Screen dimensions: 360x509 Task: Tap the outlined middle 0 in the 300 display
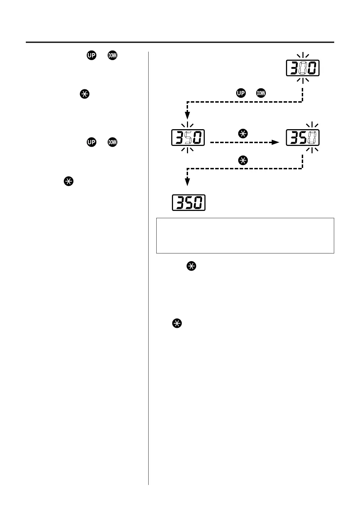click(x=303, y=68)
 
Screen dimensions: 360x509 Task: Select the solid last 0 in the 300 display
click(x=312, y=68)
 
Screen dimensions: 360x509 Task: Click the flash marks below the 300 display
click(x=303, y=80)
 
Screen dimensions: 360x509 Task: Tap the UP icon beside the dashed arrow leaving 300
click(x=241, y=93)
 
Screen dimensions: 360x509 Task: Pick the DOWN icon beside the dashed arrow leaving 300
click(x=261, y=93)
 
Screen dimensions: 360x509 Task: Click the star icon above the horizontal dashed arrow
click(x=243, y=133)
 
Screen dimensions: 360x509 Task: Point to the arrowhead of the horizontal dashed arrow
click(x=276, y=142)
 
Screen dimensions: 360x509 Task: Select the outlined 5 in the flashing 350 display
click(x=188, y=138)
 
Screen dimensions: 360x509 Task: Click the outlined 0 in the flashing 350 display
click(x=312, y=138)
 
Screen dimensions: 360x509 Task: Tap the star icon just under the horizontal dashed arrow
click(x=243, y=161)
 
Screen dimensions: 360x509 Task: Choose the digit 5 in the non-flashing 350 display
click(x=189, y=203)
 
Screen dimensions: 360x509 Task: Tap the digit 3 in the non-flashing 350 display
click(x=179, y=203)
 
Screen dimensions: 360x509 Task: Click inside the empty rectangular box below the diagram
click(x=245, y=235)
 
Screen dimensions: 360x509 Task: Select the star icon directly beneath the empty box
click(x=192, y=266)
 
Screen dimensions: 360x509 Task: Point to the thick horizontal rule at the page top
click(x=180, y=43)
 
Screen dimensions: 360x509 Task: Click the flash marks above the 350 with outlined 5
click(x=188, y=125)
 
